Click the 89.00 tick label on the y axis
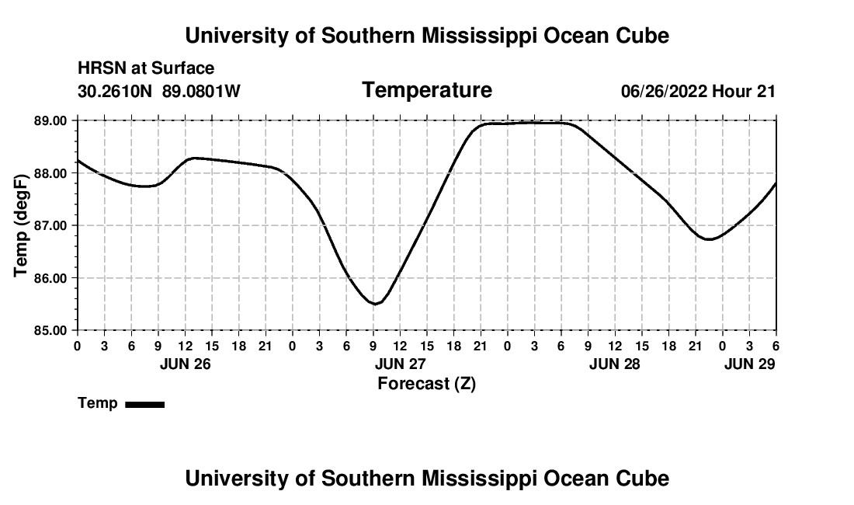pyautogui.click(x=50, y=121)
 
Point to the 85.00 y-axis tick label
pyautogui.click(x=50, y=330)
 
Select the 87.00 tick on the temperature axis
pyautogui.click(x=50, y=225)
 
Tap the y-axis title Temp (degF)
pyautogui.click(x=22, y=225)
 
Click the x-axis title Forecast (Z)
pyautogui.click(x=426, y=384)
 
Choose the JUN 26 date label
pyautogui.click(x=185, y=364)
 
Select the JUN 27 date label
pyautogui.click(x=400, y=364)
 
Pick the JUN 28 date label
pyautogui.click(x=615, y=364)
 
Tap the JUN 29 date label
pyautogui.click(x=749, y=364)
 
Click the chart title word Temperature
pyautogui.click(x=426, y=91)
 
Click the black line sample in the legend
pyautogui.click(x=144, y=404)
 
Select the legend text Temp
pyautogui.click(x=98, y=403)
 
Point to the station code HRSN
pyautogui.click(x=99, y=69)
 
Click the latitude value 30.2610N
pyautogui.click(x=116, y=92)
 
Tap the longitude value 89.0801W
pyautogui.click(x=201, y=92)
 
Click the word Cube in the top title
pyautogui.click(x=643, y=36)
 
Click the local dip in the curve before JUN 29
pyautogui.click(x=708, y=239)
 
